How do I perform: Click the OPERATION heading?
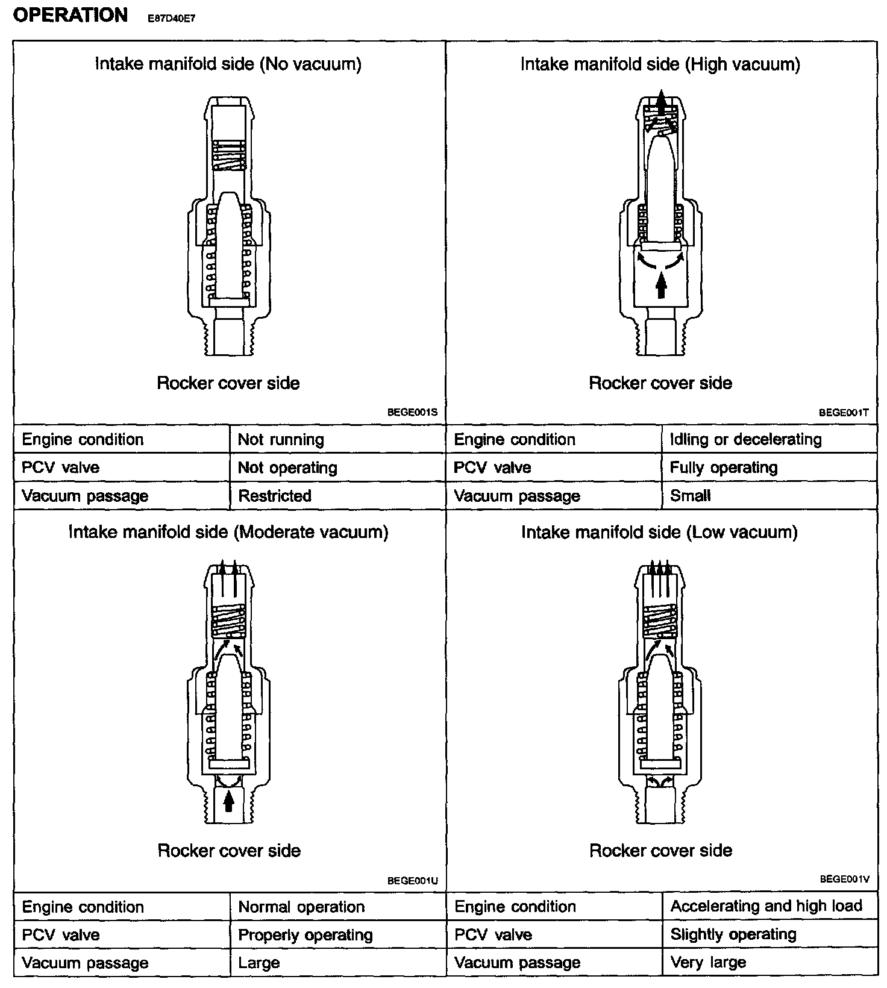(x=70, y=15)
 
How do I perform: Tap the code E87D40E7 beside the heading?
(x=171, y=19)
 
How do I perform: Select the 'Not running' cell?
(x=281, y=440)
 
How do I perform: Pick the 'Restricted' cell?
(x=275, y=496)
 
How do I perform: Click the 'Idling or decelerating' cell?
(x=745, y=440)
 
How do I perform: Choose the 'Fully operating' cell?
(x=723, y=467)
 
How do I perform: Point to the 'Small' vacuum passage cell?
(x=690, y=496)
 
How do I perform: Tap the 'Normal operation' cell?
(x=301, y=907)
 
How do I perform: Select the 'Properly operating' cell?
(x=306, y=935)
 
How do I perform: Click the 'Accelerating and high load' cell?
(x=766, y=906)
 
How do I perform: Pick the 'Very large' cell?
(x=708, y=963)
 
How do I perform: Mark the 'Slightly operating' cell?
(x=733, y=934)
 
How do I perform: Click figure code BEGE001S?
(x=412, y=413)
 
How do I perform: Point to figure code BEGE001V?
(x=844, y=880)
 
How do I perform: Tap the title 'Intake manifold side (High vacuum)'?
(x=660, y=64)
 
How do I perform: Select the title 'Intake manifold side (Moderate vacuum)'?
(x=228, y=532)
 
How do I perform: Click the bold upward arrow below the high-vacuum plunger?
(x=661, y=284)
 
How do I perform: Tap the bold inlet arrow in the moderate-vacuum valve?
(x=228, y=802)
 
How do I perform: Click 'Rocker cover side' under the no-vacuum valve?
(x=228, y=383)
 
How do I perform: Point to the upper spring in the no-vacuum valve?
(x=229, y=155)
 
